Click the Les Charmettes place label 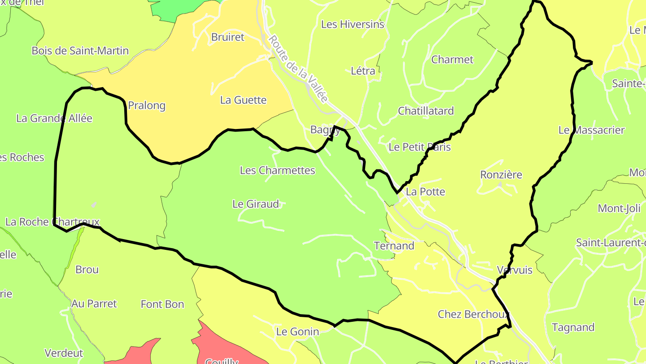277,170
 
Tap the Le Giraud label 256,204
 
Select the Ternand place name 394,246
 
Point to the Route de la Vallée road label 298,68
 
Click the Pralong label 147,106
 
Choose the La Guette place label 243,100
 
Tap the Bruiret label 227,37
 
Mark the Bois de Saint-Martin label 80,51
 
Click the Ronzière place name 501,175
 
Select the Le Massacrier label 591,130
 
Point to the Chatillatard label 426,111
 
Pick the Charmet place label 452,60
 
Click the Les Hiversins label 353,24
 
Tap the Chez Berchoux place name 474,314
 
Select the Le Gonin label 297,332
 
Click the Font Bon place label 162,304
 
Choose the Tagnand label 573,327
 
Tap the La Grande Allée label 54,118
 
